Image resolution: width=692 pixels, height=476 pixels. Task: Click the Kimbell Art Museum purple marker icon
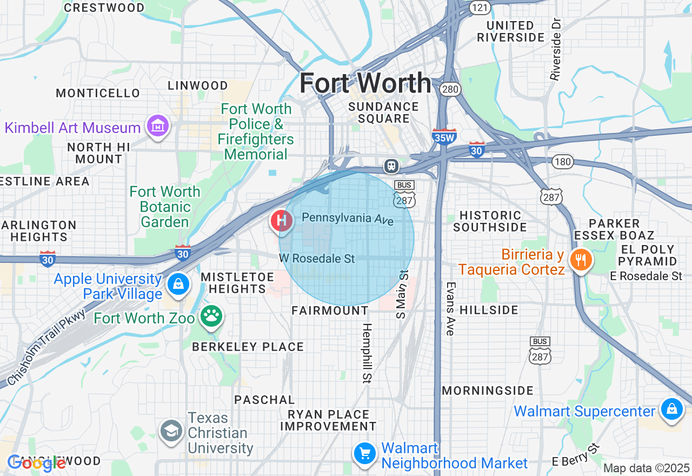(157, 127)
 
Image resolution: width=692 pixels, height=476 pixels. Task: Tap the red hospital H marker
(281, 221)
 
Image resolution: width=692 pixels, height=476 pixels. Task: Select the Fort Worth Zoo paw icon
(211, 317)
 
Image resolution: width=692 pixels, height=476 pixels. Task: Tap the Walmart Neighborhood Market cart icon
(365, 453)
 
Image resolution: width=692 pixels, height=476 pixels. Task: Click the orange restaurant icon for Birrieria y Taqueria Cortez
(581, 260)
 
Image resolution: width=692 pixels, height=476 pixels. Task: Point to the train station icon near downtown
(391, 166)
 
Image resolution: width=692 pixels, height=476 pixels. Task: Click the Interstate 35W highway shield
(444, 137)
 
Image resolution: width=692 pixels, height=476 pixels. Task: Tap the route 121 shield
(480, 6)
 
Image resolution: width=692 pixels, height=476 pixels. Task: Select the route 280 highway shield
(450, 89)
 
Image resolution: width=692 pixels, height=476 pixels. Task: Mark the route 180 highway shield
(563, 161)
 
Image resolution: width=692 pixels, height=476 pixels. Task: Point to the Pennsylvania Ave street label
(348, 219)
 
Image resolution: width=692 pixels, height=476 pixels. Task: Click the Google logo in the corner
(36, 463)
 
